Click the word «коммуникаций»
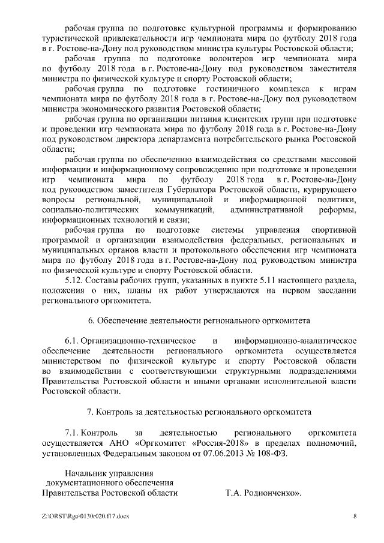pyautogui.click(x=176, y=209)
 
